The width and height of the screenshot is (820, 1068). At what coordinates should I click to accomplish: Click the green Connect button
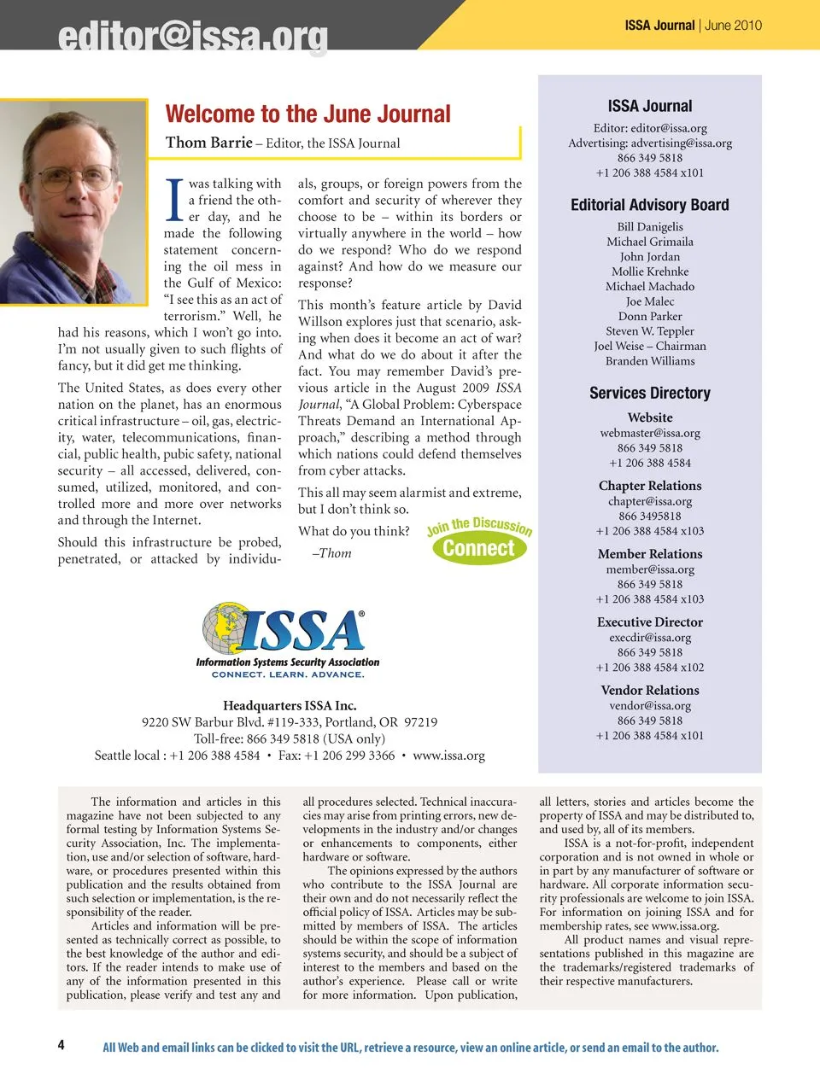coord(479,548)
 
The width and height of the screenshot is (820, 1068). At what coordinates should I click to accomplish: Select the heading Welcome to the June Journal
coord(307,114)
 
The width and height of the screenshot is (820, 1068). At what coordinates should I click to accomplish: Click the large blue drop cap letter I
coord(174,200)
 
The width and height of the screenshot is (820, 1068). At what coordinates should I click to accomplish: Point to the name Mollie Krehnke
coord(650,271)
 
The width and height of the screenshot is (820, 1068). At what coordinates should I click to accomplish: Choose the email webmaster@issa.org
coord(650,433)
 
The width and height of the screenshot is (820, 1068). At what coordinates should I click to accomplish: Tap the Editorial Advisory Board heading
coord(650,205)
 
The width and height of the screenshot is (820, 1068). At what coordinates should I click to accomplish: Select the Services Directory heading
coord(650,393)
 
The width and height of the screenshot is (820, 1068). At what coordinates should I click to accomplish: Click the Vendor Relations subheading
coord(650,690)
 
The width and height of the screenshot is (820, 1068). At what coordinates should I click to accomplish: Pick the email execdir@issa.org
coord(650,638)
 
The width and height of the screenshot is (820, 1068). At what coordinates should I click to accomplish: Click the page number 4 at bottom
coord(61,1045)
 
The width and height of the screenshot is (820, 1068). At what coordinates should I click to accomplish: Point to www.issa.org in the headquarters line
coord(448,756)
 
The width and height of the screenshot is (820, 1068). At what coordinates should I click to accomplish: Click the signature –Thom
coord(332,553)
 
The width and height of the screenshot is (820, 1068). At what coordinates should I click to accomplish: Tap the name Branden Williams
coord(650,361)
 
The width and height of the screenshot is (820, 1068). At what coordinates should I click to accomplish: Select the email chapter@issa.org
coord(650,501)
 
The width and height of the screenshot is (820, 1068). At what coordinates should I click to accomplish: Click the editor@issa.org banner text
coord(193,37)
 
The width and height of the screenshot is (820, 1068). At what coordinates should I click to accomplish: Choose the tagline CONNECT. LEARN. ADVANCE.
coord(288,674)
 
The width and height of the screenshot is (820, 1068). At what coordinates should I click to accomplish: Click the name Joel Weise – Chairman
coord(650,346)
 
